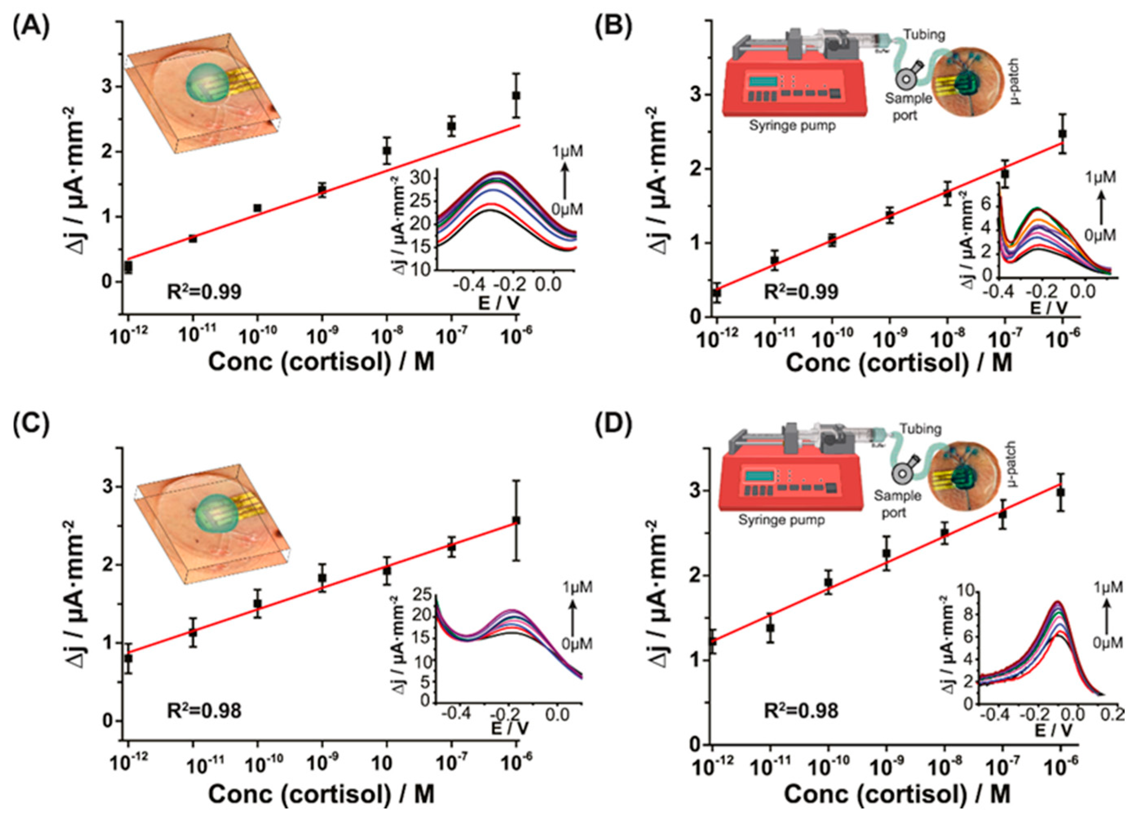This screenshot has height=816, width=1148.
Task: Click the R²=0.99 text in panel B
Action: [801, 291]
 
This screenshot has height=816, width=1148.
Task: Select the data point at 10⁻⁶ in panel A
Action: [516, 95]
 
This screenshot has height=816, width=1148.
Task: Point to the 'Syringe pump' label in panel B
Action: [792, 125]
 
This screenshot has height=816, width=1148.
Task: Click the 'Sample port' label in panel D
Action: [897, 504]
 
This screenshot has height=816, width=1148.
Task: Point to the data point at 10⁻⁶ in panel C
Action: [516, 520]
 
